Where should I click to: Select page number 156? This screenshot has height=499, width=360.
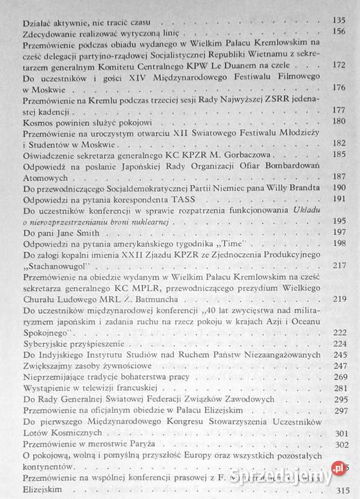pyautogui.click(x=340, y=32)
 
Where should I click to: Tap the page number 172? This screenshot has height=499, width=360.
pyautogui.click(x=340, y=65)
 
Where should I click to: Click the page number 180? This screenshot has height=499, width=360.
pyautogui.click(x=340, y=122)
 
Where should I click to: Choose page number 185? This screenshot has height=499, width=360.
pyautogui.click(x=340, y=155)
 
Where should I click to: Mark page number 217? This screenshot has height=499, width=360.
pyautogui.click(x=340, y=265)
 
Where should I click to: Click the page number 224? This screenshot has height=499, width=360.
pyautogui.click(x=340, y=344)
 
